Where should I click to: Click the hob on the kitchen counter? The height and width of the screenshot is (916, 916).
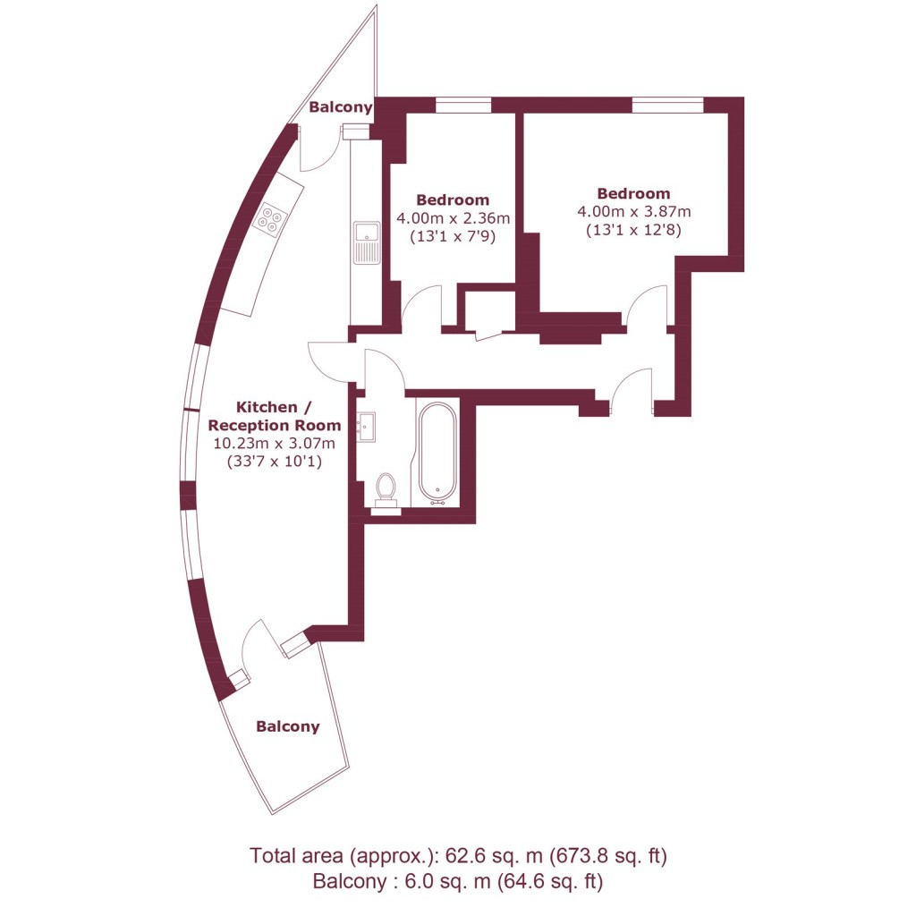[x=272, y=218]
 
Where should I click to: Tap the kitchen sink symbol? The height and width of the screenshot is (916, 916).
[x=367, y=242]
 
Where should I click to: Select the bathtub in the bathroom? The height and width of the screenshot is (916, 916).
[x=437, y=452]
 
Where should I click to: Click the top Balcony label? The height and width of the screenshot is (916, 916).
[x=340, y=107]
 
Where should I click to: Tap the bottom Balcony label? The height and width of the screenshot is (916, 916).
[x=287, y=726]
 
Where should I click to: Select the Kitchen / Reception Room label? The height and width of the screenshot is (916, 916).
[x=274, y=417]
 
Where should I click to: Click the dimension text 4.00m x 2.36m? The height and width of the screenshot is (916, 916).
[x=453, y=218]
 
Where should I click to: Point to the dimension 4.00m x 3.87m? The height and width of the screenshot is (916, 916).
[x=633, y=212]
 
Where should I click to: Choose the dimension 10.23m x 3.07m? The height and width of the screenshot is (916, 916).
[x=274, y=444]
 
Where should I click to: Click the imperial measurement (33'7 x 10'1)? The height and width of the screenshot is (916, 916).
[x=274, y=462]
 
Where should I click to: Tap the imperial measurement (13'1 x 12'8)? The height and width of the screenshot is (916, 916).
[x=633, y=230]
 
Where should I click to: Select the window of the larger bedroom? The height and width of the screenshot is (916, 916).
[x=667, y=106]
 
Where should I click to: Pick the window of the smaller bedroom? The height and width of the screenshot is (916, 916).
[x=463, y=106]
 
